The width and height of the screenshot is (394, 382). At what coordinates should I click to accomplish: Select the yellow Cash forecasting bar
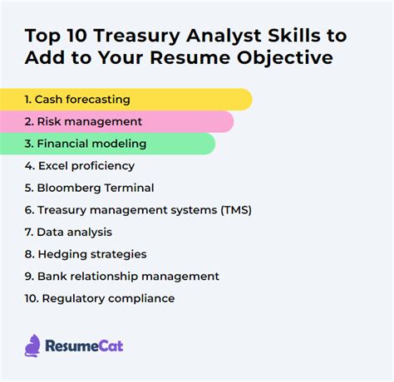[125, 100]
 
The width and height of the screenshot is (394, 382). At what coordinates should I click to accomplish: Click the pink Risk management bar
[116, 122]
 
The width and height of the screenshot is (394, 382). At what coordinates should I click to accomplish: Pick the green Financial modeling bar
[108, 144]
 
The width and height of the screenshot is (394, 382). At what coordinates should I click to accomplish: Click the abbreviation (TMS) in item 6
[233, 210]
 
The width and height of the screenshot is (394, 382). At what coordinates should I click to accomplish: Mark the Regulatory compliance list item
[100, 298]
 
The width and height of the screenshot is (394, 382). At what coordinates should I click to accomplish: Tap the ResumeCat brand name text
[83, 345]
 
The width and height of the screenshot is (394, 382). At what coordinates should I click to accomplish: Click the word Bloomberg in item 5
[67, 188]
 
